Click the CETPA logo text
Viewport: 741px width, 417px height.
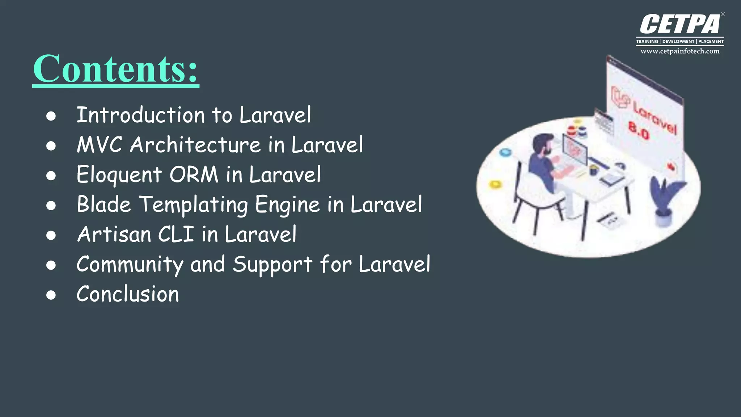click(x=680, y=25)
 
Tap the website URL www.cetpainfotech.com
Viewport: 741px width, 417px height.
click(x=680, y=51)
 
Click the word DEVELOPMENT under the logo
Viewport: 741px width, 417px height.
click(x=678, y=42)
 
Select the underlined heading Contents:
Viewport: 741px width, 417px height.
click(x=115, y=69)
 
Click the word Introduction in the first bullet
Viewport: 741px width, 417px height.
click(x=140, y=115)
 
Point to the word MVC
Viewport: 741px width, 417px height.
click(x=99, y=145)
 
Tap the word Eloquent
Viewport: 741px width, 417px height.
click(x=119, y=175)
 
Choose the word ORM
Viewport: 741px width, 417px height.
click(x=194, y=174)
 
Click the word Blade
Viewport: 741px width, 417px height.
click(x=103, y=204)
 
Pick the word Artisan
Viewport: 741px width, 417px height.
click(x=114, y=234)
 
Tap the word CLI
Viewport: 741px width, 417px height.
click(x=176, y=234)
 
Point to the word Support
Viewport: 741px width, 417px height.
click(x=272, y=264)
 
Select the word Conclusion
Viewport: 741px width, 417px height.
click(x=127, y=294)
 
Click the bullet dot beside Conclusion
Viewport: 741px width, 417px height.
click(x=51, y=295)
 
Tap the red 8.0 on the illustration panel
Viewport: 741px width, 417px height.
click(x=639, y=130)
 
